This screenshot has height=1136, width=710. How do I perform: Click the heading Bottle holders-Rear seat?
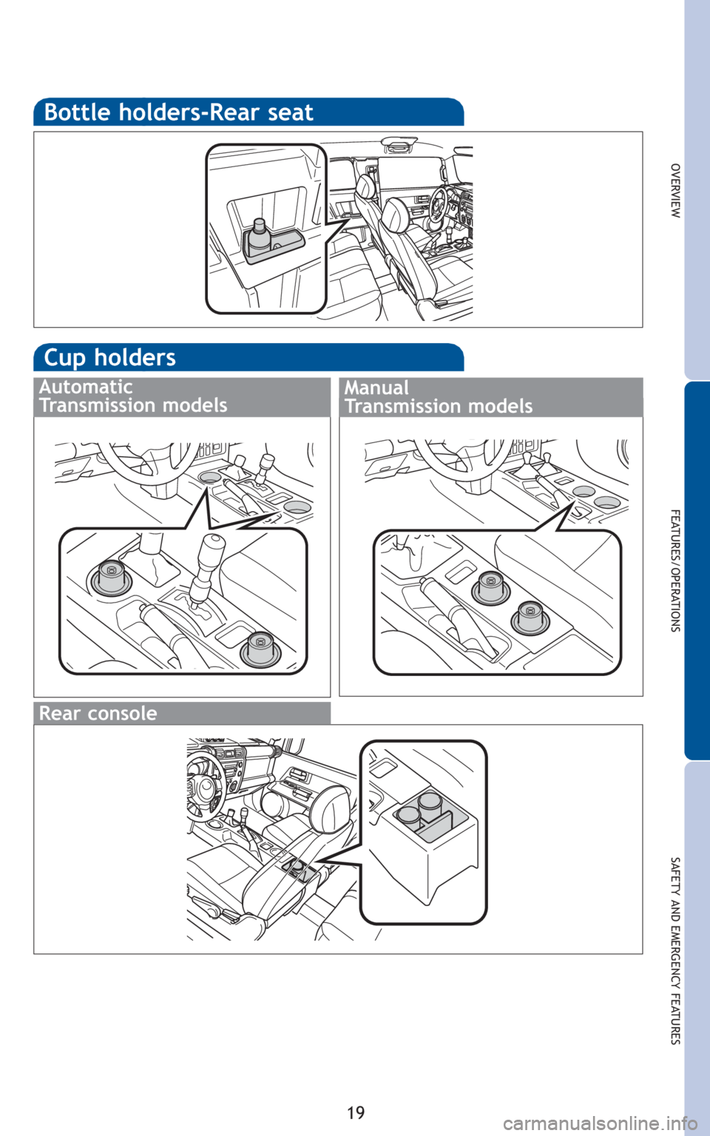coord(178,112)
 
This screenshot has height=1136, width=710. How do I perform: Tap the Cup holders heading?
coord(110,357)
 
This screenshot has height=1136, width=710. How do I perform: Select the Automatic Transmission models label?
coord(133,396)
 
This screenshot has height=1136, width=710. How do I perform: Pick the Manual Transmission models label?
coord(439,397)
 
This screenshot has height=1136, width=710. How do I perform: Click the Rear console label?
coord(98,713)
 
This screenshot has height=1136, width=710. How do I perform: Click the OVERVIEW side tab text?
coord(674,191)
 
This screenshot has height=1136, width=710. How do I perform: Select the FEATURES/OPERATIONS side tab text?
coord(675,570)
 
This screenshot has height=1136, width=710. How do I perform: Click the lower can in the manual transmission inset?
coord(530,617)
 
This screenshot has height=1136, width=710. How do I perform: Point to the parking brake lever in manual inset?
coord(456,616)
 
